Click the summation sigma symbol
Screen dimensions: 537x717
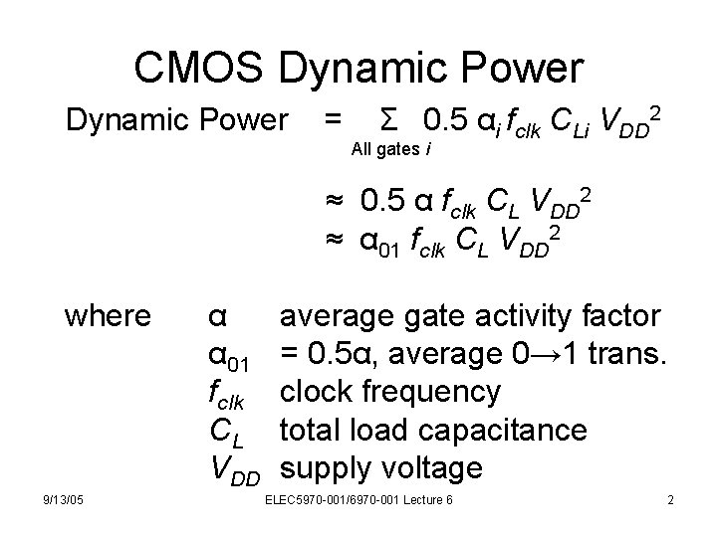[x=391, y=122]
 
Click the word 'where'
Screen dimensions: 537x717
[x=107, y=316]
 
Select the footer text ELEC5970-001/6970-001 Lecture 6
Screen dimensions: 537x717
[x=358, y=499]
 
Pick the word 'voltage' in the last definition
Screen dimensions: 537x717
[x=432, y=466]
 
